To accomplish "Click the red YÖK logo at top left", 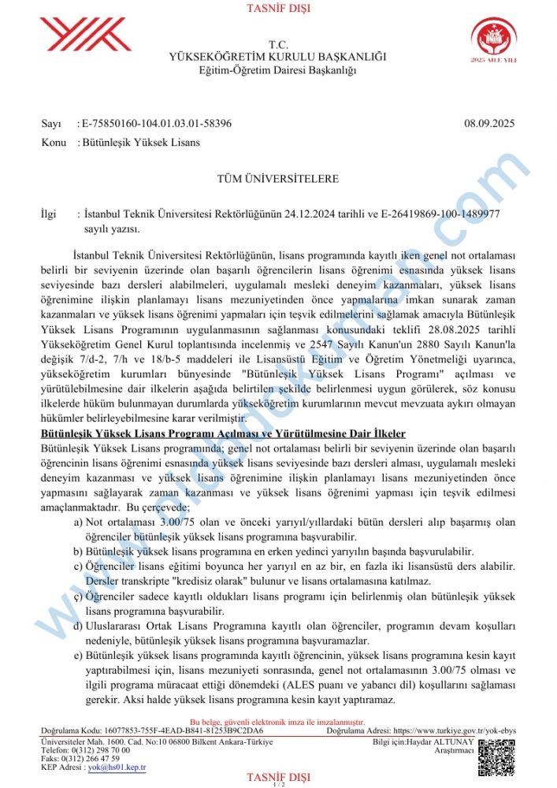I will point(85,35).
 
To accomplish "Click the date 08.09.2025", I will point(489,124).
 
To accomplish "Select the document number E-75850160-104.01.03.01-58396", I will point(157,124).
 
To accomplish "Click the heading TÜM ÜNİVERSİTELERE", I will point(278,179).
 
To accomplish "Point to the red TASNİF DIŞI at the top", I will point(278,9).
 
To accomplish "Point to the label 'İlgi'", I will point(49,214).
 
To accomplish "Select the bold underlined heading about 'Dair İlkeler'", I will point(223,433).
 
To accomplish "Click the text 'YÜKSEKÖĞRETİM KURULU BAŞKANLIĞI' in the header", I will point(278,58).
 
